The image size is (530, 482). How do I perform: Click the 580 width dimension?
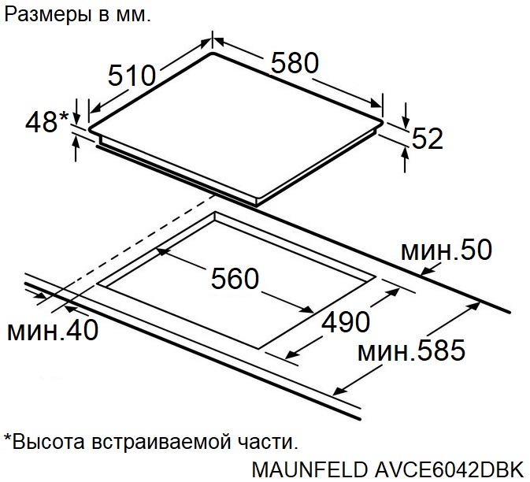295,63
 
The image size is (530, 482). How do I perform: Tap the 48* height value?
47,121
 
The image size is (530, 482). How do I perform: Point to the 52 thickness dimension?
428,139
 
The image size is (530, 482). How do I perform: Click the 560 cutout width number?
235,279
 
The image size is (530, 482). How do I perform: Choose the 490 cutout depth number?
346,321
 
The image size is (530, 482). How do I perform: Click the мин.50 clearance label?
447,250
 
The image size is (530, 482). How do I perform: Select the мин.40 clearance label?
53,329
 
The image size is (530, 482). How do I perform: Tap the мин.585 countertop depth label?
411,350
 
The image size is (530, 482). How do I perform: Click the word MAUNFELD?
309,469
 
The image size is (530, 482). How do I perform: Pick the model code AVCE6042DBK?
449,469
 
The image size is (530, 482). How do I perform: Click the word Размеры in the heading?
47,16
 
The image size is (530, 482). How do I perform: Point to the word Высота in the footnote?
48,441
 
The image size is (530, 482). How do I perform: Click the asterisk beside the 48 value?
64,116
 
